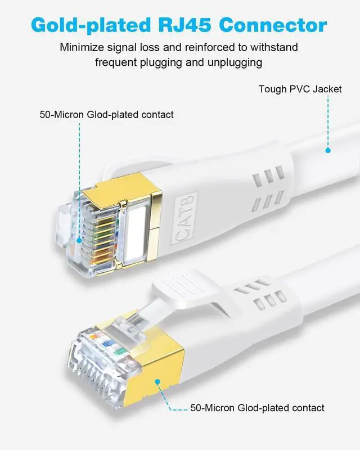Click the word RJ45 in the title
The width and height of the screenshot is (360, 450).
(185, 25)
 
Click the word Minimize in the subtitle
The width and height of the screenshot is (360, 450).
(82, 47)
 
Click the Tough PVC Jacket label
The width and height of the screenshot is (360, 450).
(300, 89)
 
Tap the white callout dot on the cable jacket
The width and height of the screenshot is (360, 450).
(327, 150)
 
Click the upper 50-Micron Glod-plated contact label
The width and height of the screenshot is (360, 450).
(106, 115)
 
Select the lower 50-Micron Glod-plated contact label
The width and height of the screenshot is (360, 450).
(257, 408)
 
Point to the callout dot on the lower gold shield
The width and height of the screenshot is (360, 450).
(158, 382)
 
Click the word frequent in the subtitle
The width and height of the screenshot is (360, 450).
(116, 62)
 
